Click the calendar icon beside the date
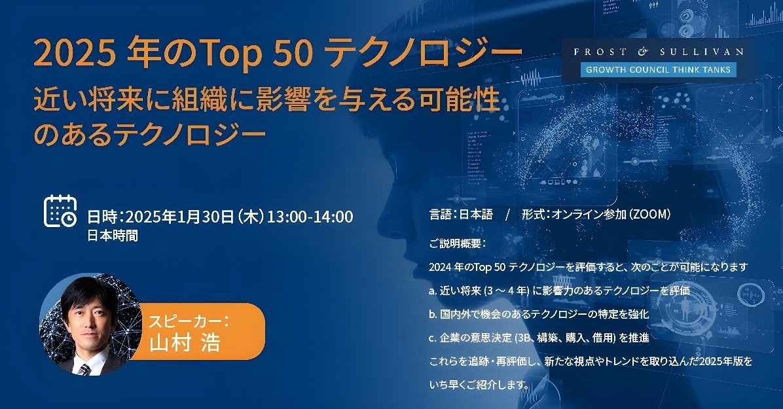60,211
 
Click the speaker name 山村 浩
185,343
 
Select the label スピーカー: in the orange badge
189,320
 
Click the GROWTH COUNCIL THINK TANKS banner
658,69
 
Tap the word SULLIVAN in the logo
702,52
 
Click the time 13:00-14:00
310,217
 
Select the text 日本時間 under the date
113,235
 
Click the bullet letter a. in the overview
433,291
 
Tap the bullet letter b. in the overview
433,314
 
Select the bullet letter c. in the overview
433,338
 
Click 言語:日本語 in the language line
461,214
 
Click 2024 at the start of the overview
440,267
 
